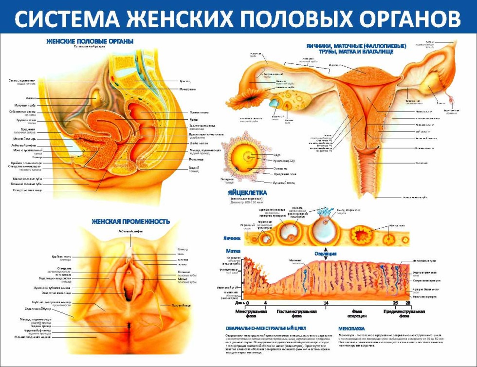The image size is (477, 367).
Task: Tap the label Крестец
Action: click(x=184, y=81)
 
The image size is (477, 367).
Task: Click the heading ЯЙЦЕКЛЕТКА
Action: click(x=247, y=193)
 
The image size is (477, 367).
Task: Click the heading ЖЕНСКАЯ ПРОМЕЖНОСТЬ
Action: click(x=131, y=221)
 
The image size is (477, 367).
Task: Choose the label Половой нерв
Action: click(x=181, y=306)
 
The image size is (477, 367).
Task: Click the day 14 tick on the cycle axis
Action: click(x=326, y=303)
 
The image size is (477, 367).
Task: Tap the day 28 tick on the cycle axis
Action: click(x=408, y=303)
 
